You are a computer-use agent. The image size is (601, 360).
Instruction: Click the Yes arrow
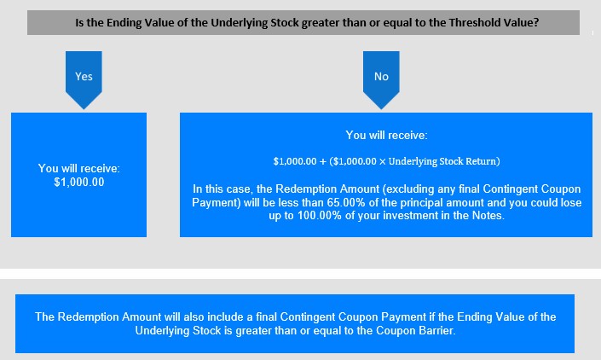tap(84, 79)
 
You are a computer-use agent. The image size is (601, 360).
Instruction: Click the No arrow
tap(381, 79)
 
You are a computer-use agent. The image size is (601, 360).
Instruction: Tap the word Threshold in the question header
tap(473, 23)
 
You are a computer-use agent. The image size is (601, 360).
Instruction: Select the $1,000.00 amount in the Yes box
tap(79, 182)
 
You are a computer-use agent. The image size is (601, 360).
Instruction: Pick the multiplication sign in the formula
tap(382, 161)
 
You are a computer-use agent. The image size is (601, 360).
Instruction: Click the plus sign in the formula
tap(323, 161)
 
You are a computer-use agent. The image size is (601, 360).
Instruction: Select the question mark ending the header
tap(536, 23)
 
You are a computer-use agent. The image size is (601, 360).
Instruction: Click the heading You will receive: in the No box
tap(386, 135)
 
